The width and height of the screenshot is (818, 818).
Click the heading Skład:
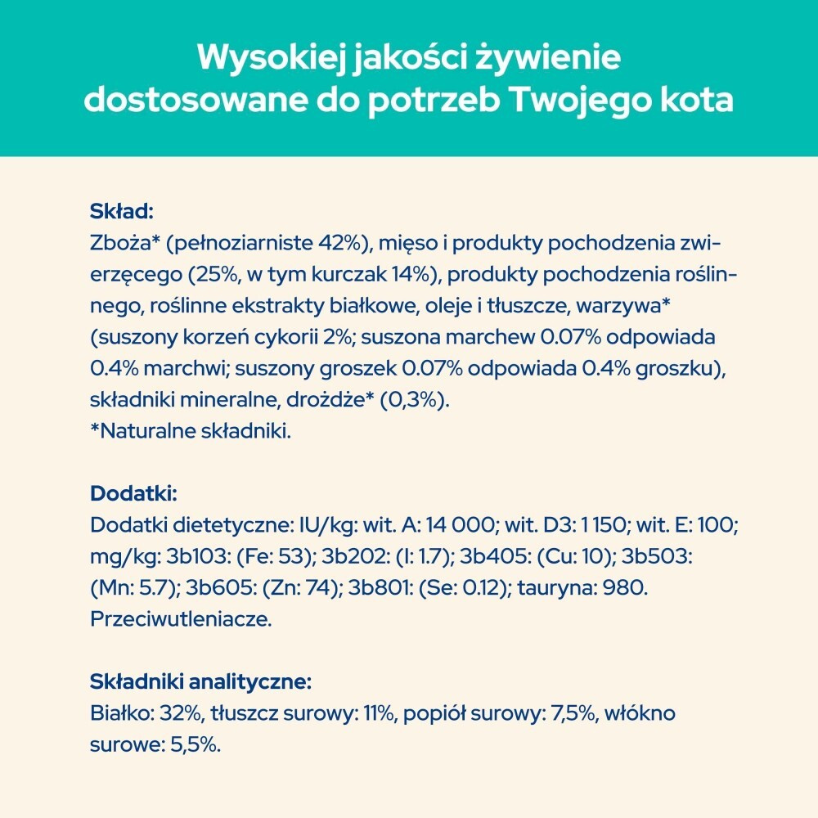[x=121, y=212]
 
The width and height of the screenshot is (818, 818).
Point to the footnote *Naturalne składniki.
[x=190, y=432]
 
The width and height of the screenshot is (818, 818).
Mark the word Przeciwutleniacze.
[x=179, y=619]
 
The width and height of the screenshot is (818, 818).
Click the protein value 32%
[x=180, y=713]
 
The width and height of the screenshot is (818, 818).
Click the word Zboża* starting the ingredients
[x=120, y=244]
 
